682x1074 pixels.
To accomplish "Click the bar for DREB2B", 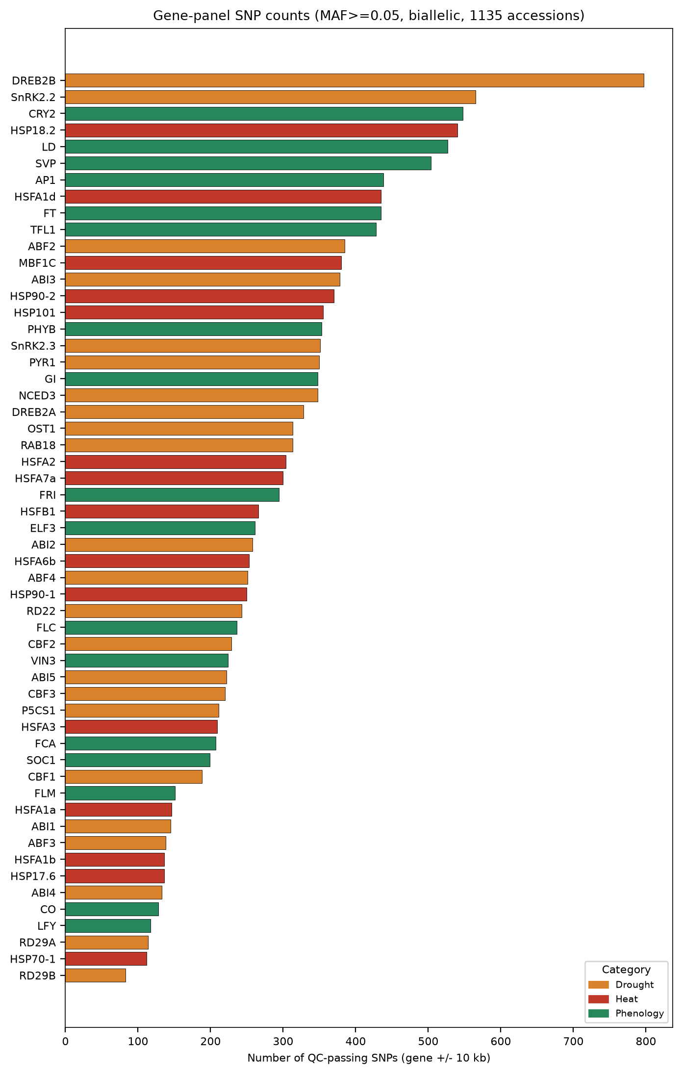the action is tap(354, 80).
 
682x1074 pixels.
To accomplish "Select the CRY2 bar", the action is tap(264, 114).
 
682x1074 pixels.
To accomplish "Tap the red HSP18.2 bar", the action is tap(261, 130).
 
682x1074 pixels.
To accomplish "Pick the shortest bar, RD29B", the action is tap(95, 975).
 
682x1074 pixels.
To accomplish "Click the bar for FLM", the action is tap(120, 793).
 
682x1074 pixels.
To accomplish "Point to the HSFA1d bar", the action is tap(223, 197).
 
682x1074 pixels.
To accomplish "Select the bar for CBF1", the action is tap(133, 777).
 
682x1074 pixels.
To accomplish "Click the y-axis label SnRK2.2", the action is tap(33, 97).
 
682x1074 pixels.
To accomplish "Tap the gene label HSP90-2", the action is tap(33, 296).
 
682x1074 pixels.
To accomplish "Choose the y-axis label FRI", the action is tap(48, 495).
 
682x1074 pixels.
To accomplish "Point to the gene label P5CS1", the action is tap(39, 710).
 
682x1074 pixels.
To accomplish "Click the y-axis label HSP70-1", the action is tap(33, 959).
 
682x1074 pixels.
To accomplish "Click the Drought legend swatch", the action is tap(598, 985).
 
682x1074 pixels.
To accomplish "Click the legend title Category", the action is tap(626, 970).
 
